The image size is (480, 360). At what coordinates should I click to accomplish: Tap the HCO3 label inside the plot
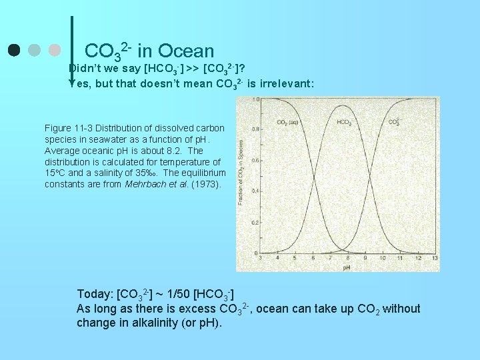[344, 122]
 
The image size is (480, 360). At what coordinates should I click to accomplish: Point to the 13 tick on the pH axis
[435, 258]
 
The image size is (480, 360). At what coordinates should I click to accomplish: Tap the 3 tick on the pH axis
[259, 258]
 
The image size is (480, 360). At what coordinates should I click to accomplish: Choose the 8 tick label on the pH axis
[347, 258]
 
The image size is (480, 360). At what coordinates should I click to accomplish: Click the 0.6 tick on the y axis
[255, 160]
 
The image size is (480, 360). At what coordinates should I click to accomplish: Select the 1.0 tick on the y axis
[255, 99]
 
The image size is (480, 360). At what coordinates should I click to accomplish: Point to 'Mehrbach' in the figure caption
[146, 184]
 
